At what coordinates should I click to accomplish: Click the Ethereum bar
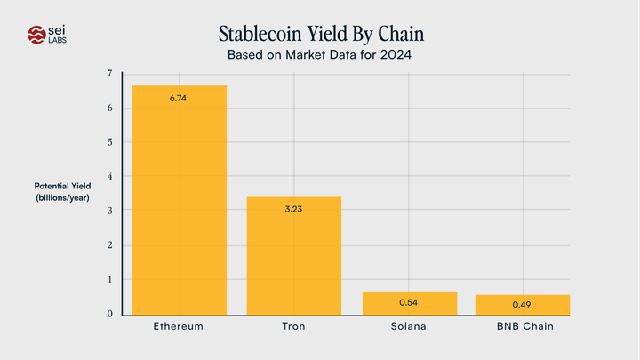point(180,200)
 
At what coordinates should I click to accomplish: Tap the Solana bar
point(409,303)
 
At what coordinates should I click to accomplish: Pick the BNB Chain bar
point(523,305)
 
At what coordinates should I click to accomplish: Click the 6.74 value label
point(179,98)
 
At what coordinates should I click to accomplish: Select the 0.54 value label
point(409,303)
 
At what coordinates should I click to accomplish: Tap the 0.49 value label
point(523,305)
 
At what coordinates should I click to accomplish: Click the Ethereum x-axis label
point(179,327)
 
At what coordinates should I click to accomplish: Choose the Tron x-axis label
point(293,327)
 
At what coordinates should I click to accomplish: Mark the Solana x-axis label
point(409,327)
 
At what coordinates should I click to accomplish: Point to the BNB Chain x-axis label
point(524,327)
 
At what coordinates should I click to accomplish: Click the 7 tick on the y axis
point(109,74)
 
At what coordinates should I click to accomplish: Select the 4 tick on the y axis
point(109,176)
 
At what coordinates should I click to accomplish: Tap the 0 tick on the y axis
point(109,314)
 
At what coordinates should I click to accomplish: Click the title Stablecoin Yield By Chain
point(321,35)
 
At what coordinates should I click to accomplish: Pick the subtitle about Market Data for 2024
point(321,56)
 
